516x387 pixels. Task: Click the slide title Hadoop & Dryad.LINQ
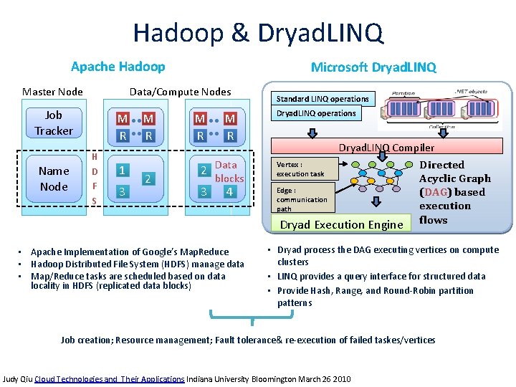coord(258,32)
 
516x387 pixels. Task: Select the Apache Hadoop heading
coord(118,67)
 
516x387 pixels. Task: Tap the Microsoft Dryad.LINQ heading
coord(373,67)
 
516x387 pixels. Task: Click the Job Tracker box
coord(54,123)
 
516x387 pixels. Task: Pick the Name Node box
coord(54,178)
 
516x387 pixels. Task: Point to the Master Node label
coord(52,91)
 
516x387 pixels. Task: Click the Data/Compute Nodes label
coord(180,91)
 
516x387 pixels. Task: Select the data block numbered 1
coord(123,171)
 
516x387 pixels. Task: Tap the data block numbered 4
coord(229,191)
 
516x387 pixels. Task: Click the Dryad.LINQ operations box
coord(316,113)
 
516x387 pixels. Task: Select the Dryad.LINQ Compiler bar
coord(386,148)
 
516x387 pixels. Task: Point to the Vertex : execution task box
coord(301,168)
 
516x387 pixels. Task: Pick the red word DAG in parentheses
coord(434,192)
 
